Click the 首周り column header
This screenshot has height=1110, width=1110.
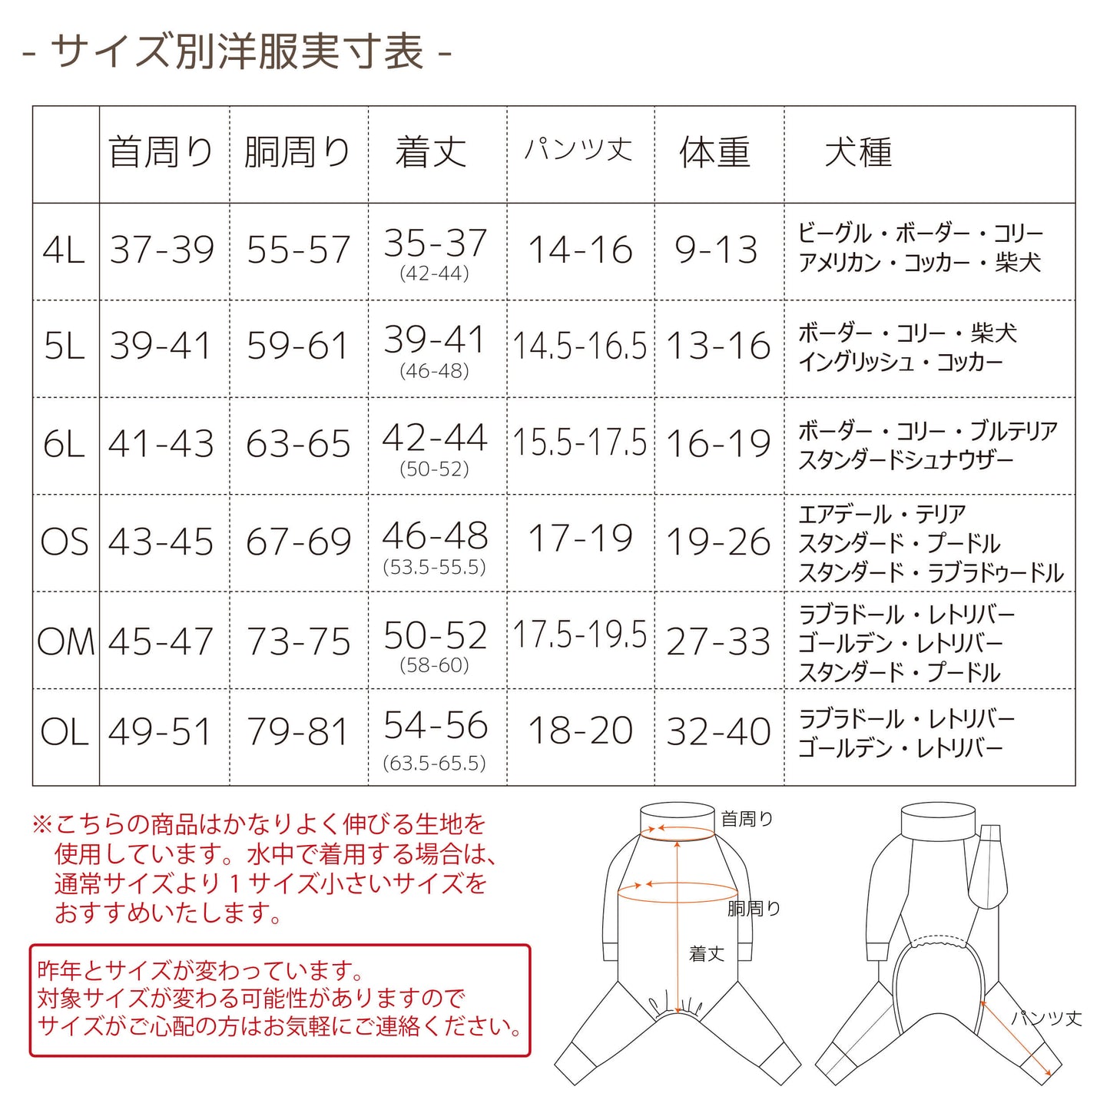coord(161,153)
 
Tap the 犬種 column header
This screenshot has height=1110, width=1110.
coord(858,153)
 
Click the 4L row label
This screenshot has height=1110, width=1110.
coord(64,250)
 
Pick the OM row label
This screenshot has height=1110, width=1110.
coord(65,641)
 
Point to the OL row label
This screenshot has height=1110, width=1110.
coord(65,731)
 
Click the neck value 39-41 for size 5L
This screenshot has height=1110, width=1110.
coord(161,346)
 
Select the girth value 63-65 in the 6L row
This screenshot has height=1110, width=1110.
coord(298,443)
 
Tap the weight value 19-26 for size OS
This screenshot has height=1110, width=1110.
coord(718,542)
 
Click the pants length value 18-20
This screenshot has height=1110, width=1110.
coord(580,731)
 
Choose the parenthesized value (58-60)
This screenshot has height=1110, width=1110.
coord(434,665)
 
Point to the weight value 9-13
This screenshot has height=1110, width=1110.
coord(716,250)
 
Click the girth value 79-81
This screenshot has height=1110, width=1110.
coord(298,731)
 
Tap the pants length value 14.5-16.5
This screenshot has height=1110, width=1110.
coord(579,346)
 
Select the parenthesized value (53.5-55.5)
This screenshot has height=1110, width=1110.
coord(434,568)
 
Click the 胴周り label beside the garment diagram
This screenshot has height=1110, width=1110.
coord(754,909)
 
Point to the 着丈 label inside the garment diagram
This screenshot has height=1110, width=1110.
coord(706,954)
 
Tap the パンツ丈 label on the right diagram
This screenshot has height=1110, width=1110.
coord(1047,1019)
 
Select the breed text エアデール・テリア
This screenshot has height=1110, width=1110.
coord(882,515)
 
